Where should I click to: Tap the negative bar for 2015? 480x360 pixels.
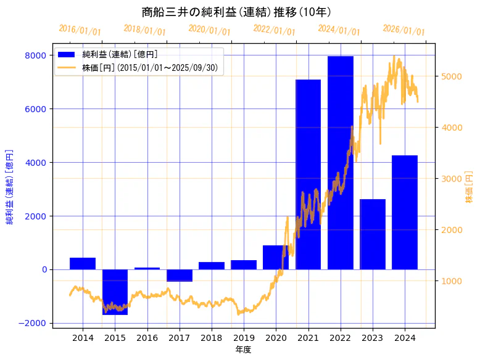pos(115,292)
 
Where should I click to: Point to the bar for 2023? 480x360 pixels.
pos(373,234)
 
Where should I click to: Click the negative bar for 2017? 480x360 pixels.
pos(179,276)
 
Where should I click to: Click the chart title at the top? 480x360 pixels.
pos(236,12)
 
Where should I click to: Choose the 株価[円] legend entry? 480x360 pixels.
pos(149,68)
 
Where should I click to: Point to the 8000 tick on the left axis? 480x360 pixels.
pos(35,55)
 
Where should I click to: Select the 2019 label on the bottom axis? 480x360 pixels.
pos(244,338)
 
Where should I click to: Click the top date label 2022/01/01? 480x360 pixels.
pos(274,30)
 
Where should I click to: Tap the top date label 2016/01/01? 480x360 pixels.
pos(80,30)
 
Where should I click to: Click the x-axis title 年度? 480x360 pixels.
pos(244,350)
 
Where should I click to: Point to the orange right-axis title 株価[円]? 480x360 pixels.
pos(469,188)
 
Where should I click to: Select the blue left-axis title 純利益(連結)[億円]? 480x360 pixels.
pos(10,187)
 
